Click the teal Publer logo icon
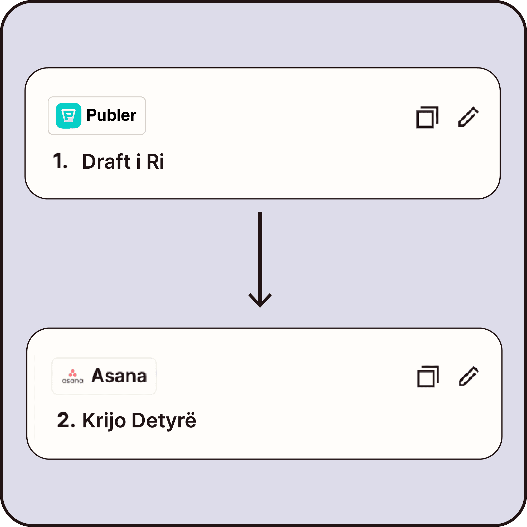pyautogui.click(x=69, y=115)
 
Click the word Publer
pyautogui.click(x=111, y=115)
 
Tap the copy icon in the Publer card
pyautogui.click(x=427, y=117)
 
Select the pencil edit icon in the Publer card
pyautogui.click(x=468, y=117)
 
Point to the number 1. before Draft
pyautogui.click(x=60, y=161)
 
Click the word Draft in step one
pyautogui.click(x=106, y=162)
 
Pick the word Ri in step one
pyautogui.click(x=155, y=162)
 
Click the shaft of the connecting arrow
pyautogui.click(x=260, y=254)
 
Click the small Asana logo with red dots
pyautogui.click(x=72, y=377)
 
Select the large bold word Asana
pyautogui.click(x=119, y=376)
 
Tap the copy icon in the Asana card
pyautogui.click(x=428, y=377)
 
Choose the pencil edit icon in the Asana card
pyautogui.click(x=469, y=376)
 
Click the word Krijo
pyautogui.click(x=104, y=421)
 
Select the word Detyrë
pyautogui.click(x=164, y=421)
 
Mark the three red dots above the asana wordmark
pyautogui.click(x=72, y=373)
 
